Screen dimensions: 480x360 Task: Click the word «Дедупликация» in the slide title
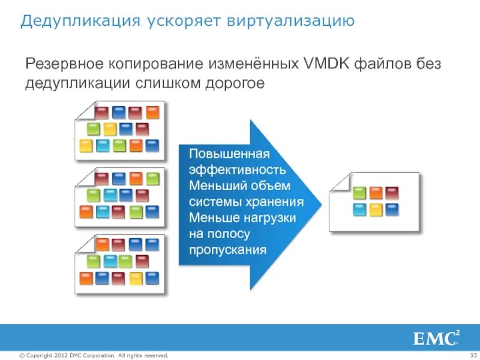(70, 22)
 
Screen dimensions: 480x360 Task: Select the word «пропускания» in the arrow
(227, 250)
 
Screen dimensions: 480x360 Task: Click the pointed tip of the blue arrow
(321, 204)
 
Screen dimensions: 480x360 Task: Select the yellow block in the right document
(376, 209)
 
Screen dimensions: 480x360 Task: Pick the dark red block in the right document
(392, 193)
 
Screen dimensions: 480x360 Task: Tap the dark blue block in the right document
(392, 209)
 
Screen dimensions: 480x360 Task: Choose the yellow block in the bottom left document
(136, 278)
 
